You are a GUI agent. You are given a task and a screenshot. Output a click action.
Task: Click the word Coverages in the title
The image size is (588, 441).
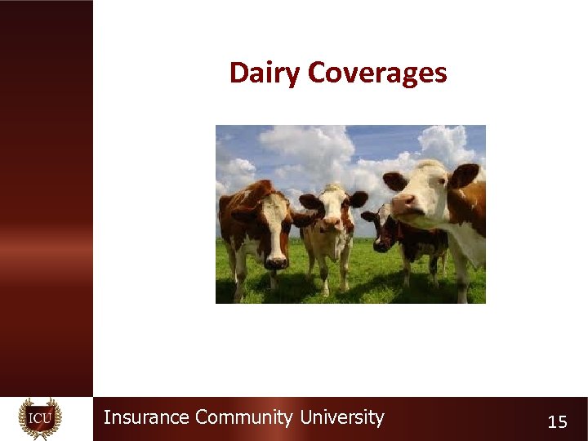click(x=377, y=73)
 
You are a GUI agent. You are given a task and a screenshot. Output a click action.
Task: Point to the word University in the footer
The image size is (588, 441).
click(x=341, y=418)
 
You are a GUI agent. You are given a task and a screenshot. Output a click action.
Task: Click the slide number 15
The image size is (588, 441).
click(x=557, y=422)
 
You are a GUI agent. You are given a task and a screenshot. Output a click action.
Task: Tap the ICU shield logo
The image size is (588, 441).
click(x=40, y=419)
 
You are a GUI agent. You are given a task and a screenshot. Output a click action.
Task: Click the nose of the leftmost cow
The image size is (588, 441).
click(x=275, y=261)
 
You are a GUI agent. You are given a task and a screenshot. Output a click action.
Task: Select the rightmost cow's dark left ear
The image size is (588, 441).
click(x=395, y=180)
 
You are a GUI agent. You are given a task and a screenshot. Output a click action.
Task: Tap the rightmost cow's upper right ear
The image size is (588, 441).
click(x=465, y=174)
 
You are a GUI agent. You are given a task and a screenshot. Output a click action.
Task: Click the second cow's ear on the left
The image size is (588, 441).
click(x=310, y=201)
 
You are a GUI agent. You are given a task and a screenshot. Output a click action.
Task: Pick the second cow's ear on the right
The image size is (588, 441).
click(x=358, y=198)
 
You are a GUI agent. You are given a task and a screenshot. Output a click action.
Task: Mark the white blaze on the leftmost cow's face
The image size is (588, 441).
click(x=275, y=220)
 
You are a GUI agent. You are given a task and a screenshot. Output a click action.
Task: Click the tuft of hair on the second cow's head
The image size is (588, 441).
click(x=333, y=189)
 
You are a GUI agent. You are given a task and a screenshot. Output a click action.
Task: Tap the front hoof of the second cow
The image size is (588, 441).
click(x=324, y=292)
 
